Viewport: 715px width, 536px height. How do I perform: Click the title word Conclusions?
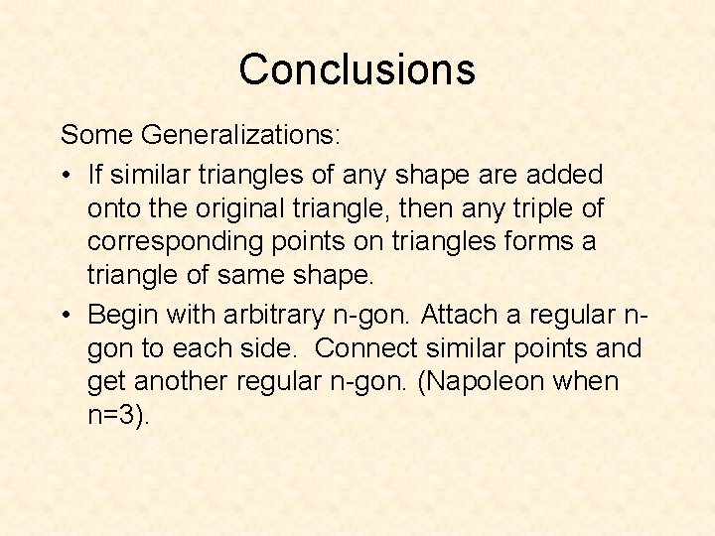click(x=357, y=69)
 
